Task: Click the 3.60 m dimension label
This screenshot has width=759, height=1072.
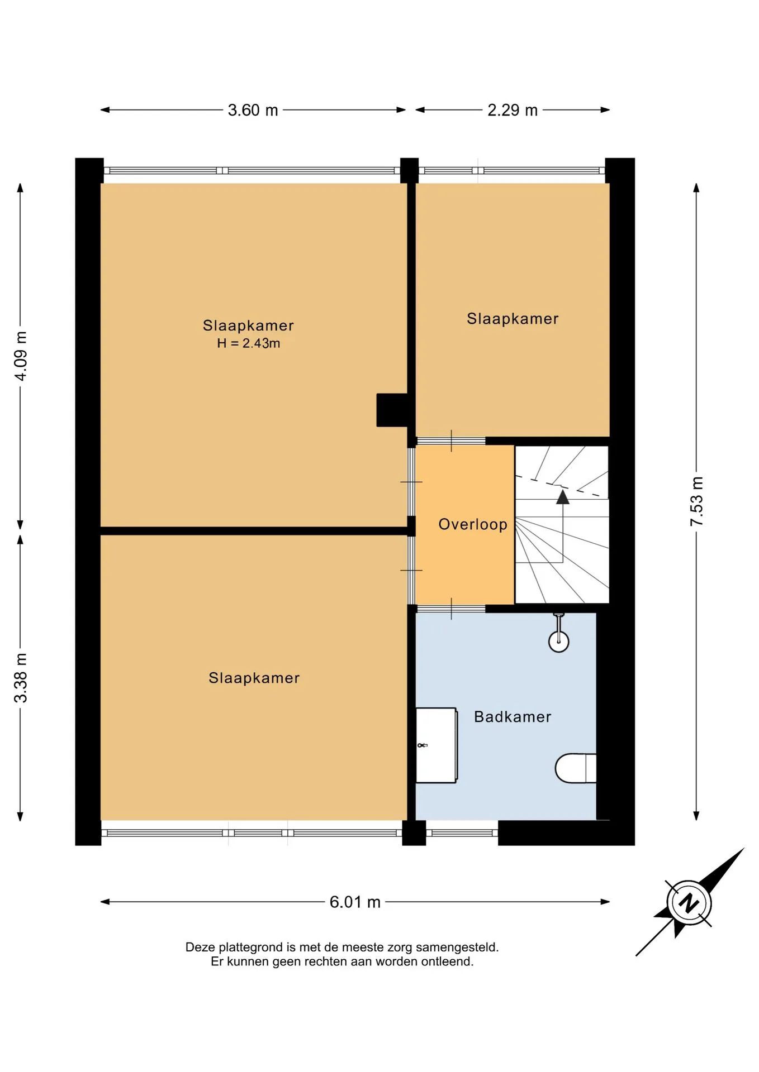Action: pos(253,110)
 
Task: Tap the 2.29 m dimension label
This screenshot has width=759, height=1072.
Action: pos(513,110)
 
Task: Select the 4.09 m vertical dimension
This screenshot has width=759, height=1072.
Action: pos(21,356)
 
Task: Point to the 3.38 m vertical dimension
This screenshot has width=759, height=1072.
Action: pos(21,678)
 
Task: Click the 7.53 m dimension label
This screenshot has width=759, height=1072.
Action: pos(696,501)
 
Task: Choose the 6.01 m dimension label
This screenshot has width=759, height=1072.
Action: pos(355,902)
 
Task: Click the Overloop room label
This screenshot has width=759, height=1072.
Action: pos(473,525)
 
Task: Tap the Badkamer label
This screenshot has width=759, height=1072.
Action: pos(513,717)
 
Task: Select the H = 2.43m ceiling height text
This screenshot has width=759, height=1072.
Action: pos(249,343)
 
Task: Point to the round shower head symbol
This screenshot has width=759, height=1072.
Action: pos(559,642)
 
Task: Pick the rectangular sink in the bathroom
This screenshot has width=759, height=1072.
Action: pos(437,745)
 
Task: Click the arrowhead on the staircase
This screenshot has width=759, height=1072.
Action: pos(563,497)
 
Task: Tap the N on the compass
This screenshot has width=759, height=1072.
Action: pos(689,903)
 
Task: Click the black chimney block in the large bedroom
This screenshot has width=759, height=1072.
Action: pos(393,410)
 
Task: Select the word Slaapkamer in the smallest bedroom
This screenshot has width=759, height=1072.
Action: pos(513,319)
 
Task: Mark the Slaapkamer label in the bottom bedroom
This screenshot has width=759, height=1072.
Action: pos(254,678)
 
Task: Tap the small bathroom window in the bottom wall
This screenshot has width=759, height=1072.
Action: pos(462,833)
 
